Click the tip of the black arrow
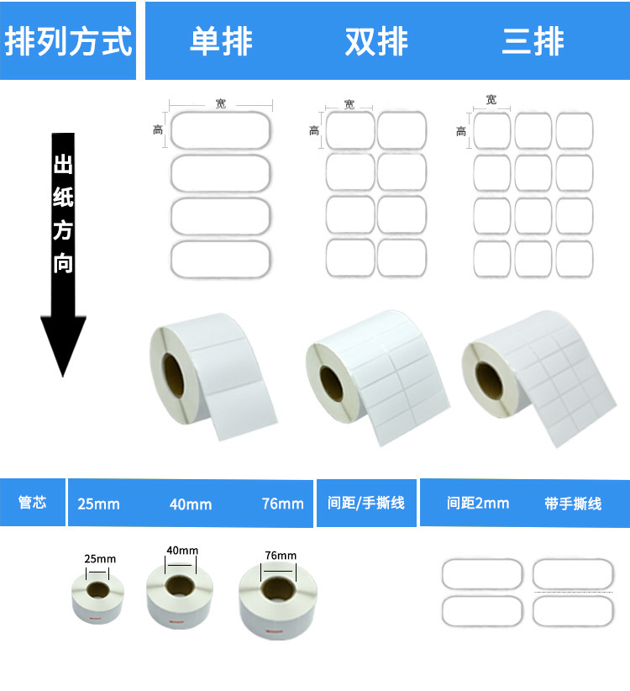click(64, 374)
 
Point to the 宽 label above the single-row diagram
click(220, 103)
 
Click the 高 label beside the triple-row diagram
click(461, 131)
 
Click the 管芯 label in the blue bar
click(33, 504)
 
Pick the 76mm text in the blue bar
click(282, 504)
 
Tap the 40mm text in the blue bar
click(191, 504)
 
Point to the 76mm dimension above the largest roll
click(280, 556)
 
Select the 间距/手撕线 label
click(365, 504)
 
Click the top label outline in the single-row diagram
click(221, 130)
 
